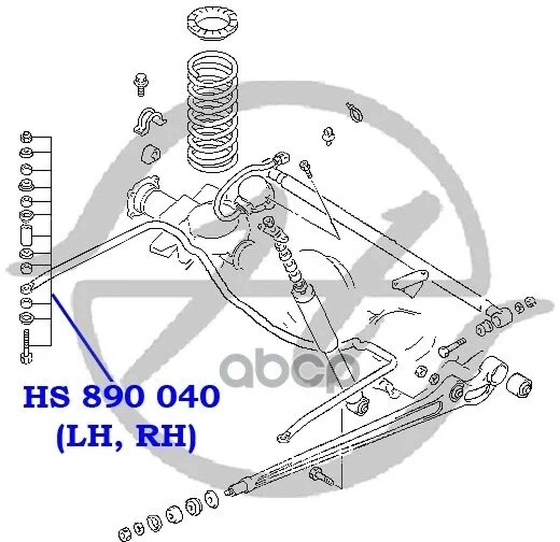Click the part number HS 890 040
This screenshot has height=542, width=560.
(x=122, y=397)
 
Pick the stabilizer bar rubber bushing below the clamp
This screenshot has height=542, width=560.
(x=151, y=154)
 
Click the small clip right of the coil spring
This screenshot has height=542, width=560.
(x=328, y=136)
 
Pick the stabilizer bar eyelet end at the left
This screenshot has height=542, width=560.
(x=27, y=289)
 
